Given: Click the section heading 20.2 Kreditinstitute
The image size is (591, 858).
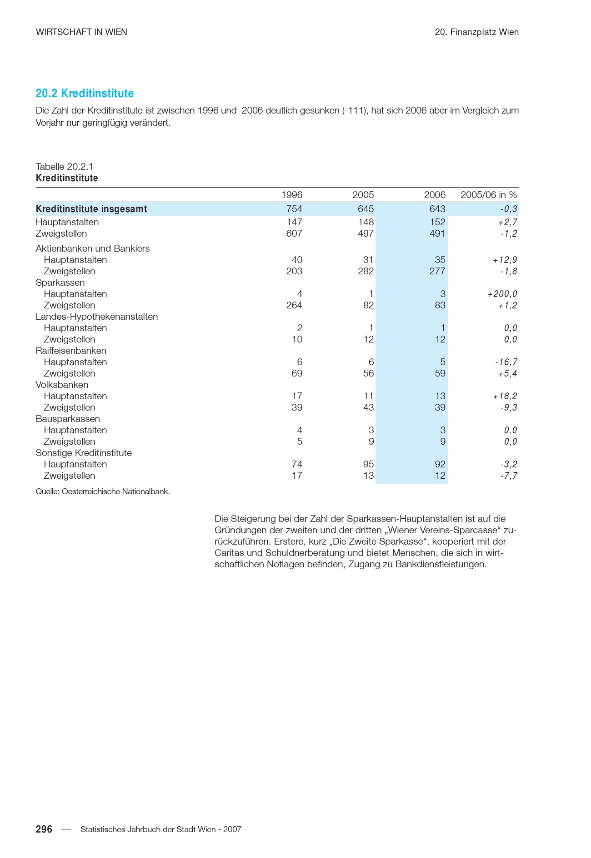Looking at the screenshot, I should [85, 94].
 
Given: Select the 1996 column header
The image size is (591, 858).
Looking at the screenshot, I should [291, 195].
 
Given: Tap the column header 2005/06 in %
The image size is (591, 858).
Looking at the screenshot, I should [489, 195].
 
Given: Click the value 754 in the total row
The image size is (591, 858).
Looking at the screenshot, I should [294, 209].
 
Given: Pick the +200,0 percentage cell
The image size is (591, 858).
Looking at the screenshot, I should [502, 294].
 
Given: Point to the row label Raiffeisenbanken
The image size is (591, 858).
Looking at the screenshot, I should [71, 351].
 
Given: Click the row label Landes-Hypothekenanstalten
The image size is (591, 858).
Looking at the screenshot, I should [97, 317].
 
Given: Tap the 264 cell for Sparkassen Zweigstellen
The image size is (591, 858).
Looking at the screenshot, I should [294, 305].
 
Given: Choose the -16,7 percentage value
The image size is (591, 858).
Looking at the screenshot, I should [506, 362].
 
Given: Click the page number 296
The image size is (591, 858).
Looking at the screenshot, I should [44, 829].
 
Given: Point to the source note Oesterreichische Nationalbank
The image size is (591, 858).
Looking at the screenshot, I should [103, 491].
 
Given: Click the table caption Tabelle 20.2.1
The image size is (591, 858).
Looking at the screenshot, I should [65, 167].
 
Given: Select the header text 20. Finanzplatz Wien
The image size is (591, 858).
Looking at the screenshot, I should [476, 32].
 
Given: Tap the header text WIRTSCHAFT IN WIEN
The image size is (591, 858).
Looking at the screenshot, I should [81, 32].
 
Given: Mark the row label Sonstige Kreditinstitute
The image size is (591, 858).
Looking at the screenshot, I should [84, 453].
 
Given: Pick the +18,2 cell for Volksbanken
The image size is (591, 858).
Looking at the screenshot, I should [505, 396].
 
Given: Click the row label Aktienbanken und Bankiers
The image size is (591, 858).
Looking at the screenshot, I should [93, 248].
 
